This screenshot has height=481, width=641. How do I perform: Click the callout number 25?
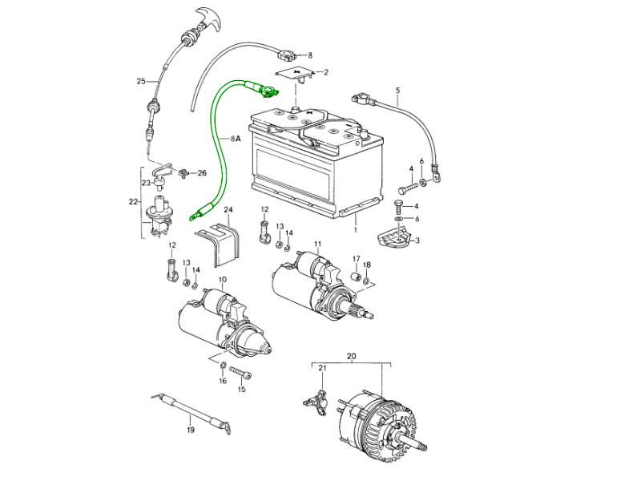pos(141,81)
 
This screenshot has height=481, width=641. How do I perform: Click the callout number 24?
pos(228,211)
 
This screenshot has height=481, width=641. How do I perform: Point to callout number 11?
pos(317,243)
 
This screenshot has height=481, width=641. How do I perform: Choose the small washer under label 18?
pos(366,282)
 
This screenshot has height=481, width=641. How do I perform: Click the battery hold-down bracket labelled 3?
pos(393,238)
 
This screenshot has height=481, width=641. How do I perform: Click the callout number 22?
pos(133,201)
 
